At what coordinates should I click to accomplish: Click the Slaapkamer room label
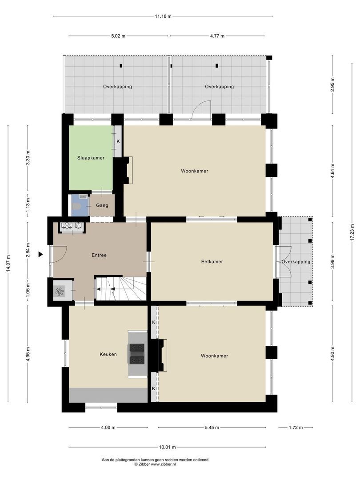click(91, 157)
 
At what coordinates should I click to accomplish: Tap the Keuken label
click(108, 354)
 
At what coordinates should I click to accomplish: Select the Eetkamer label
click(212, 262)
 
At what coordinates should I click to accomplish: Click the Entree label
click(99, 255)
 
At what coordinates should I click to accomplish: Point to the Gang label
click(102, 206)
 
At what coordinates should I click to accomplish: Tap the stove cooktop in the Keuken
click(137, 354)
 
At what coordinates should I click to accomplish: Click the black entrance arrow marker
click(40, 254)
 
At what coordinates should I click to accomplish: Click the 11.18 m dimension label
click(163, 16)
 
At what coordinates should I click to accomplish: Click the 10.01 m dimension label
click(167, 447)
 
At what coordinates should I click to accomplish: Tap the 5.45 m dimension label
click(212, 428)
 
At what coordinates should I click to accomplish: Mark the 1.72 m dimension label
click(295, 428)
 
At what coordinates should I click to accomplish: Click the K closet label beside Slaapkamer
click(118, 141)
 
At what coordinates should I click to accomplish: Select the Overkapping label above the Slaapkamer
click(117, 87)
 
